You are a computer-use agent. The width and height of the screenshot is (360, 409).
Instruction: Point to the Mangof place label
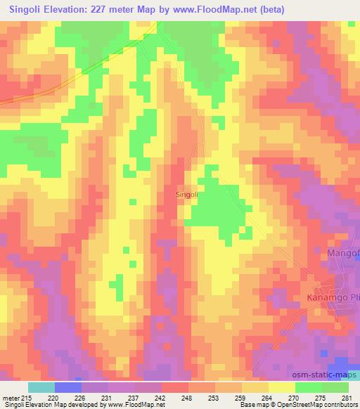(343, 252)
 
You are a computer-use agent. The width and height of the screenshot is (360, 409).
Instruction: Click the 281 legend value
(349, 397)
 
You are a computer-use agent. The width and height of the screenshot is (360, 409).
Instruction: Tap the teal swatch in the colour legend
(41, 387)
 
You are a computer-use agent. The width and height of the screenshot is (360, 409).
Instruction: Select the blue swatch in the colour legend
(69, 387)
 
